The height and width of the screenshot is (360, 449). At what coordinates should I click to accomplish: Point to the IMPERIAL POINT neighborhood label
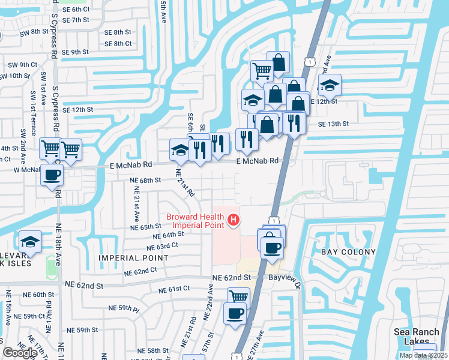pos(135,257)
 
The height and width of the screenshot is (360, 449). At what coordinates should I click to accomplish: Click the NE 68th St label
pos(146,179)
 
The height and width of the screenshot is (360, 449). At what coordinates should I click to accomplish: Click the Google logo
pos(20,352)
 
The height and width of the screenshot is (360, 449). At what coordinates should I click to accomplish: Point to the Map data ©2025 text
pos(423,355)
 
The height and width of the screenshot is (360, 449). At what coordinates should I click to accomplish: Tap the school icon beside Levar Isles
pos(30,241)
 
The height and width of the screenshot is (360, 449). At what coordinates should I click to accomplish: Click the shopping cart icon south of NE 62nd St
pos(239,296)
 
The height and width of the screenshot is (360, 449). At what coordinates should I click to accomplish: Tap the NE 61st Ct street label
pos(174,289)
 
